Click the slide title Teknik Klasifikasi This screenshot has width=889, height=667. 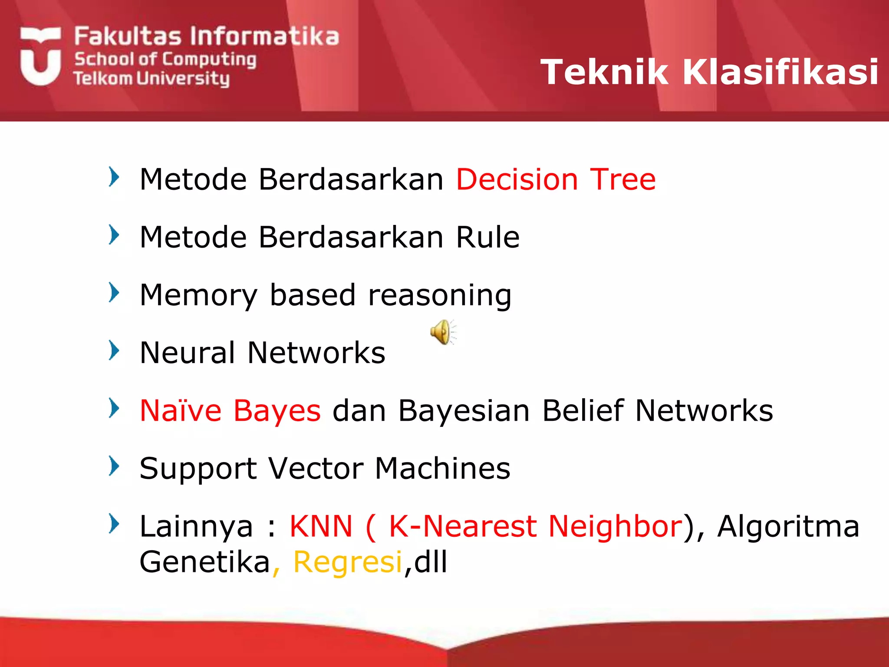pos(709,72)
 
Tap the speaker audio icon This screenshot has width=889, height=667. pos(442,332)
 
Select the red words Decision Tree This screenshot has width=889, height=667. pos(556,179)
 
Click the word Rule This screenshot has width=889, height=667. pos(487,237)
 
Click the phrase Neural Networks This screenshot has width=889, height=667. pos(262,353)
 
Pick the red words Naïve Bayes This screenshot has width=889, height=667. pos(230,410)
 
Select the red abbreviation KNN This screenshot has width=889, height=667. pos(321,526)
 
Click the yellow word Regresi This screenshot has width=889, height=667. pos(348,562)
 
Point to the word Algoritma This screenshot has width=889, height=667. pos(788,526)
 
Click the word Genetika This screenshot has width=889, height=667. pos(205,562)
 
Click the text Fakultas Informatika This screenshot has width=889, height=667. pos(206,36)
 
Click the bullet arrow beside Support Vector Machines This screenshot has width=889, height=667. pos(114,466)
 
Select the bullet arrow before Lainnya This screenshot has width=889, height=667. pos(114,523)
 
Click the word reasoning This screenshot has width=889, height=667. pos(440,295)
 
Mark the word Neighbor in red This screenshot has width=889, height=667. pos(615,526)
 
